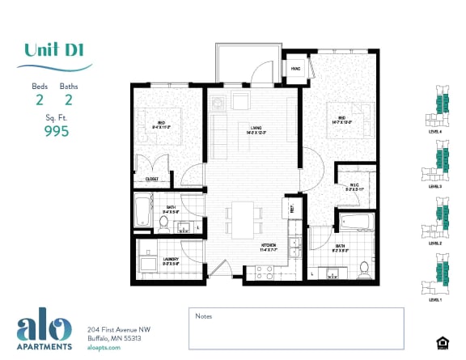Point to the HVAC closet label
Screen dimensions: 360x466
(x=295, y=70)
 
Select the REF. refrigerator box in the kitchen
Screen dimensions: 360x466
(x=291, y=209)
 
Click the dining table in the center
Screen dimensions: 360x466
(x=244, y=215)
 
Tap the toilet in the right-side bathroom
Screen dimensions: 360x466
(x=364, y=267)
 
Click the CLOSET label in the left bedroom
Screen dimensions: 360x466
(x=151, y=180)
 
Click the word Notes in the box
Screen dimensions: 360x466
(x=204, y=316)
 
